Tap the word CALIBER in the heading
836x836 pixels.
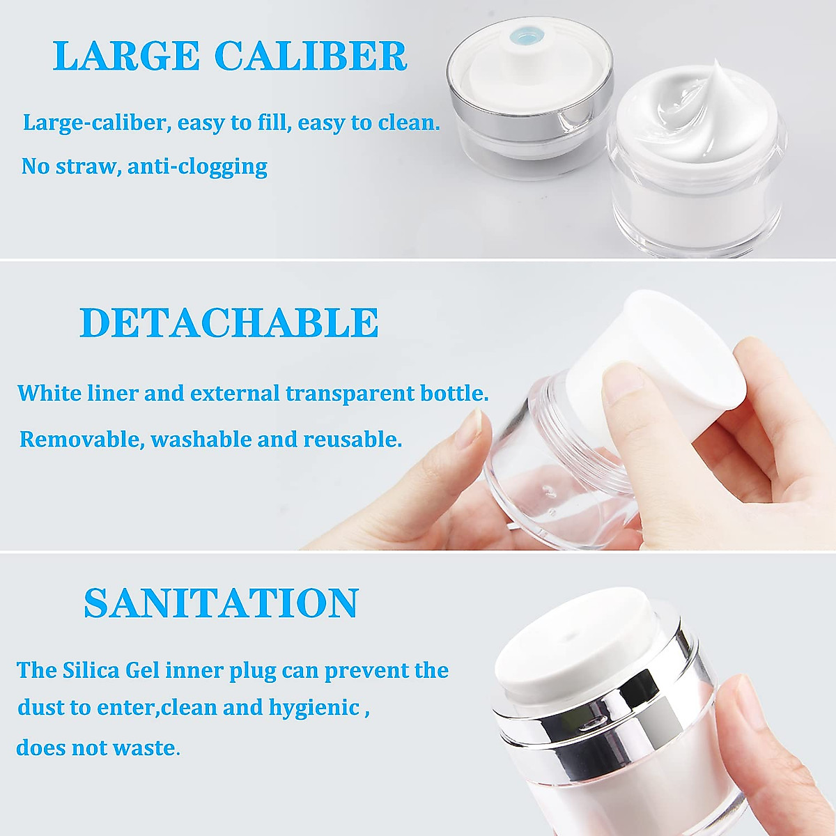(x=311, y=56)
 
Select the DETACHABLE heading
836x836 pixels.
(x=229, y=323)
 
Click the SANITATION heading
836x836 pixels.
(x=221, y=603)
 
